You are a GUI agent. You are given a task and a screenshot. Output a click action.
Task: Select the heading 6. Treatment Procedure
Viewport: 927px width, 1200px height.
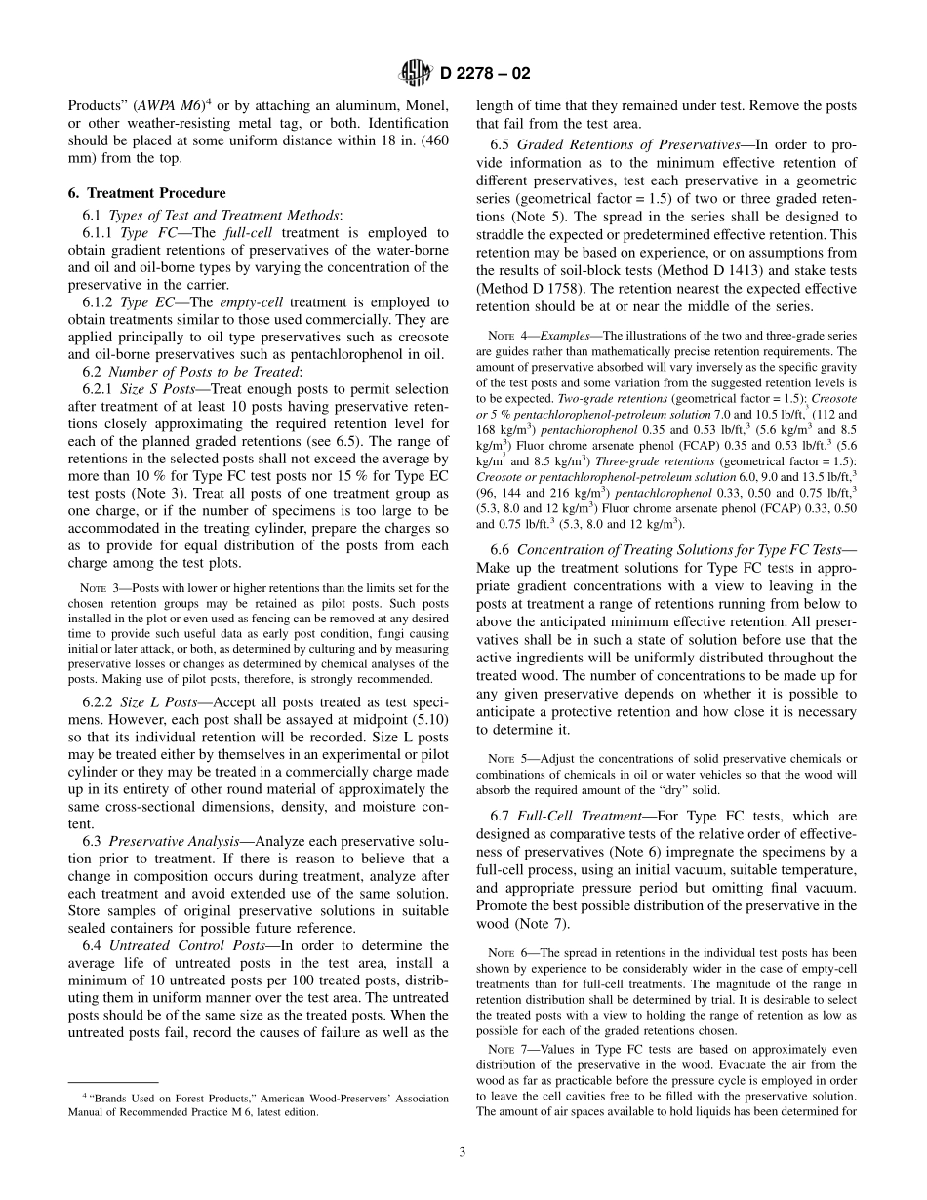pos(146,193)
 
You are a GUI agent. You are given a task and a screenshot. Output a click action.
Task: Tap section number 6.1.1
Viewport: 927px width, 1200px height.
pos(100,233)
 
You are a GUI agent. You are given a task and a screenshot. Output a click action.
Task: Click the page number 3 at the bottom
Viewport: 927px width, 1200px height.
pos(463,1151)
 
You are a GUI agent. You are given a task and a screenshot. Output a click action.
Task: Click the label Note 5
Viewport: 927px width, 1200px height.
pos(506,759)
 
